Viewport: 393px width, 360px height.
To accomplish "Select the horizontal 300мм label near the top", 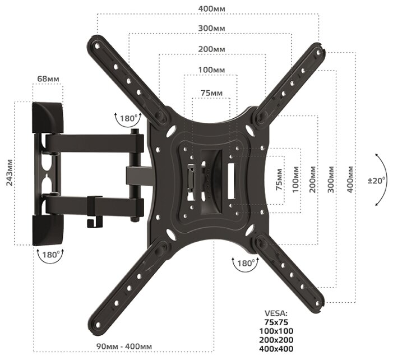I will click(212, 28).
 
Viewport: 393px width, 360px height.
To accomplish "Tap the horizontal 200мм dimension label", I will click(211, 49).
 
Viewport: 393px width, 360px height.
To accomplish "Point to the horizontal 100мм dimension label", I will click(211, 70).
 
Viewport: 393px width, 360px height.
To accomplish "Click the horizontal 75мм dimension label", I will click(211, 92).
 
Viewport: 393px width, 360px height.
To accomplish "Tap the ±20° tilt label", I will click(378, 181).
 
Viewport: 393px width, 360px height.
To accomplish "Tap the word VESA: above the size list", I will click(275, 313).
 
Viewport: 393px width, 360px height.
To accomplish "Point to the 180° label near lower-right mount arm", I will click(245, 262).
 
